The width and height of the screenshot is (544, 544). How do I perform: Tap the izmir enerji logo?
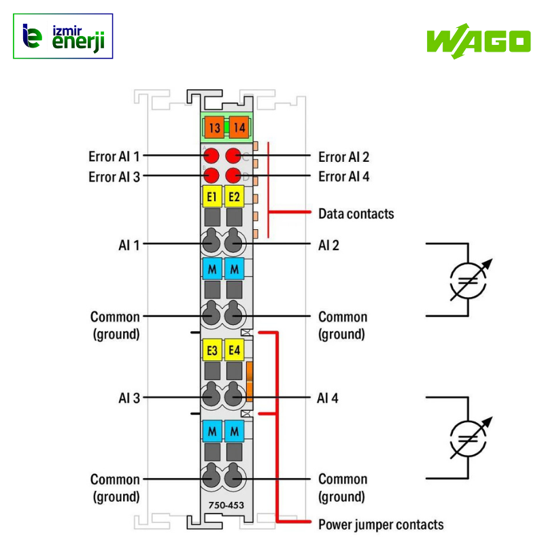(x=63, y=36)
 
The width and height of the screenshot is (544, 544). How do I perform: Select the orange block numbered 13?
(x=214, y=127)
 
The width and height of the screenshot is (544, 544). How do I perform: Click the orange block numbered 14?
(x=238, y=127)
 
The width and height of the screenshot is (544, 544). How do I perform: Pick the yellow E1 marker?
(x=211, y=197)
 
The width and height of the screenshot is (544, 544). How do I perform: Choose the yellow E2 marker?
(x=234, y=197)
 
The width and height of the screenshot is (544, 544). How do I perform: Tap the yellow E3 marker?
(x=211, y=350)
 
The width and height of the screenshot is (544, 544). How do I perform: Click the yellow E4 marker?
(x=234, y=350)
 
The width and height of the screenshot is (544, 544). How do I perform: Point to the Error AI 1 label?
(x=114, y=156)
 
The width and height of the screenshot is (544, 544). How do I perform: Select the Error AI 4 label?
(x=344, y=177)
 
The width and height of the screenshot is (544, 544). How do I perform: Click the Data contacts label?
(x=356, y=214)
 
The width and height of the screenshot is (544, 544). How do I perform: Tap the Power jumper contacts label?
(x=381, y=524)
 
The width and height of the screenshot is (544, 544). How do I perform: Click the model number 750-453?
(x=223, y=505)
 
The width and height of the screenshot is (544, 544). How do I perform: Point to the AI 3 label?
(x=129, y=398)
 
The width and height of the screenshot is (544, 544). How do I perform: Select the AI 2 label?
(x=328, y=245)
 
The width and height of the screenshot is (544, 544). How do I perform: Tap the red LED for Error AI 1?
(x=211, y=155)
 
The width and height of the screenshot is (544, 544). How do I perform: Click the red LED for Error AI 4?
(x=235, y=175)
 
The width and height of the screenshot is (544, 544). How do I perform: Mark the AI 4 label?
(x=328, y=398)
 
